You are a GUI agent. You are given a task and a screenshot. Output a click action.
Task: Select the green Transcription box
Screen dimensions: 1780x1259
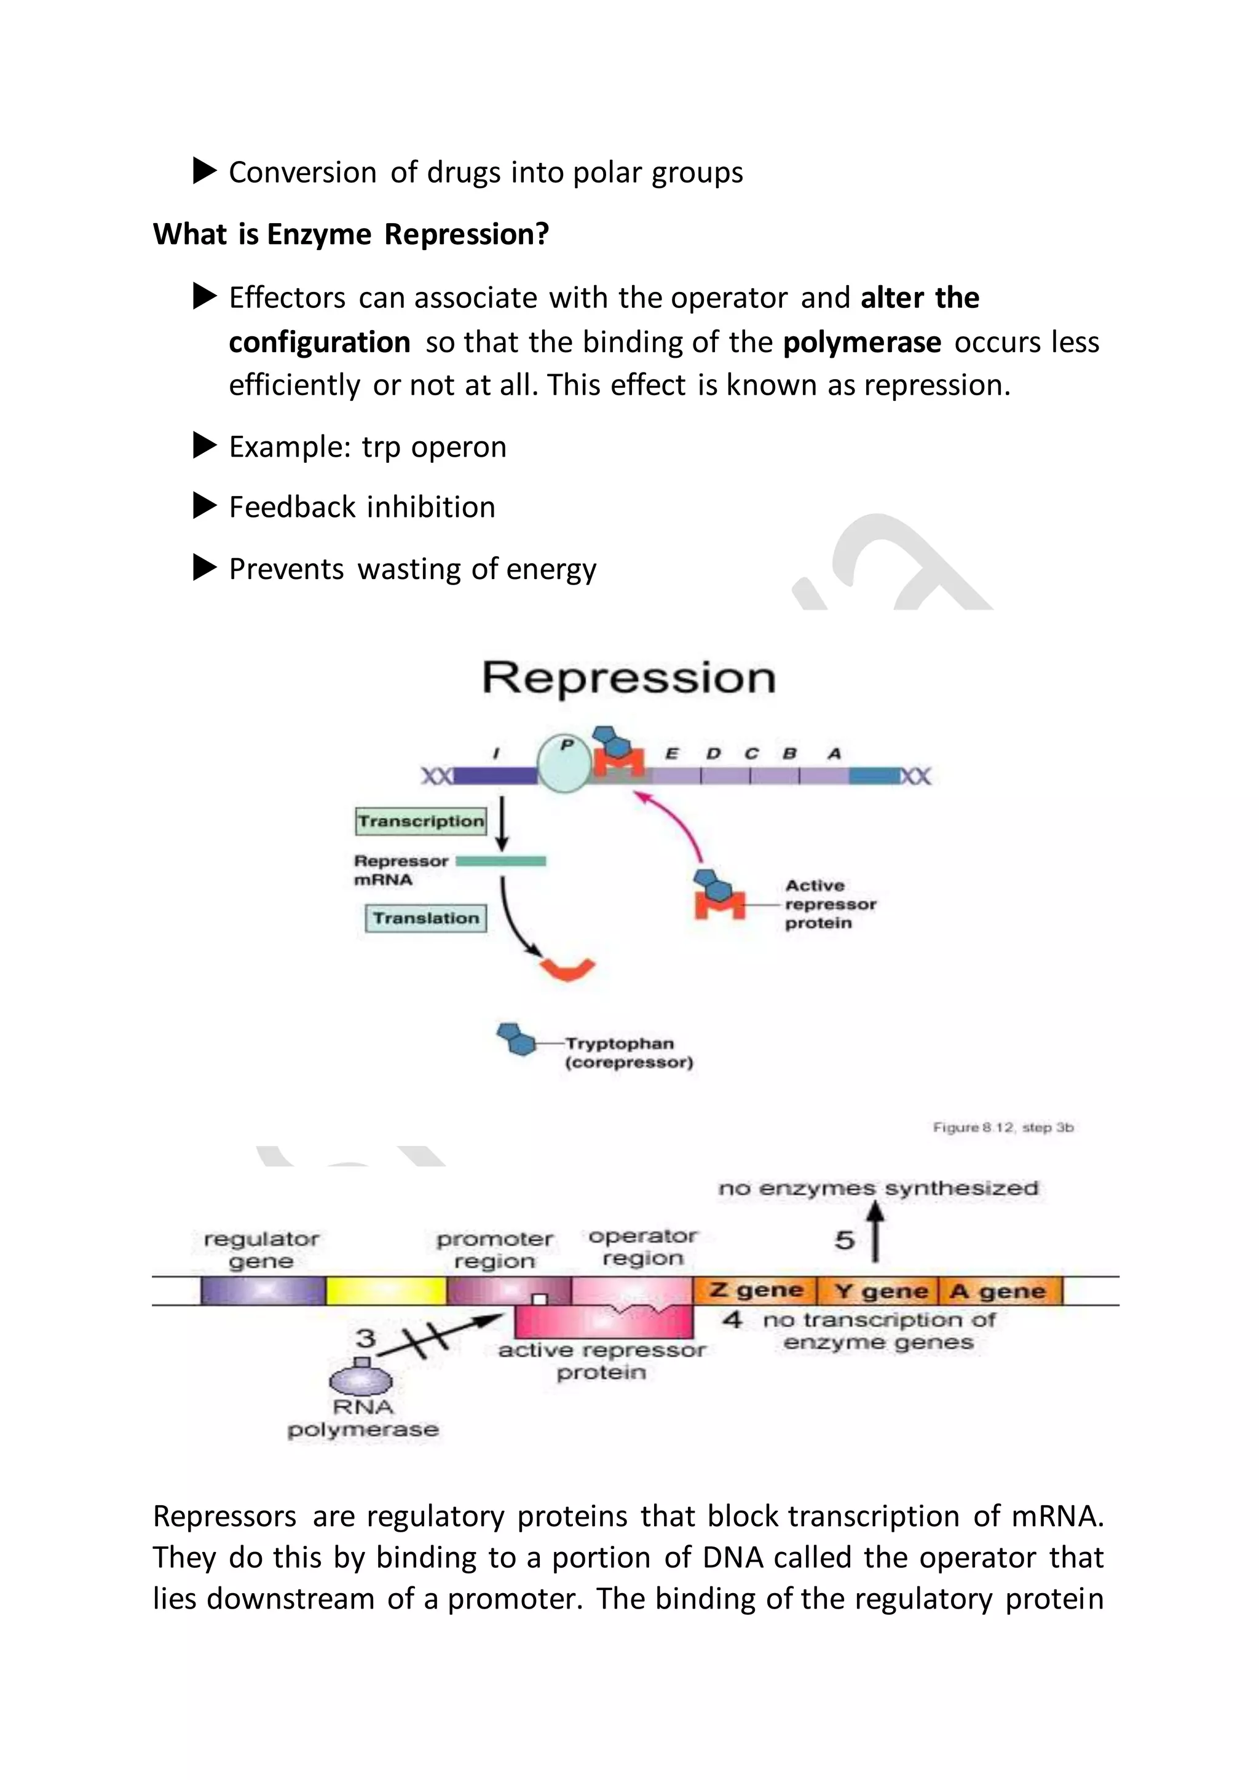[421, 821]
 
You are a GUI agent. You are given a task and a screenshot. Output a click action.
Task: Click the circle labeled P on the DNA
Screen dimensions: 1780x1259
[564, 763]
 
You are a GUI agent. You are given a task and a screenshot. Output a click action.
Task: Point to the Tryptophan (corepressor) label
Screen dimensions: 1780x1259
[628, 1053]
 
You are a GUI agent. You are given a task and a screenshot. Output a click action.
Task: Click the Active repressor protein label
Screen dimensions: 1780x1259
[829, 904]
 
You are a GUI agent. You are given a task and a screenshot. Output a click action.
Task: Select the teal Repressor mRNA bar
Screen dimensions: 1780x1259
[501, 860]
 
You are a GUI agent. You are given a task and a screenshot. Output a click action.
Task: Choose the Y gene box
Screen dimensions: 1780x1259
[879, 1291]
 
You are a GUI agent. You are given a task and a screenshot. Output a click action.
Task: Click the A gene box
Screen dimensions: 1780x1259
[998, 1291]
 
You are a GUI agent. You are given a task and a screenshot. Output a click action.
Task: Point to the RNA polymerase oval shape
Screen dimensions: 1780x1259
[361, 1380]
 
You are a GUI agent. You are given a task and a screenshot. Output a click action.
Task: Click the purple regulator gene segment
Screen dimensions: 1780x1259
[263, 1291]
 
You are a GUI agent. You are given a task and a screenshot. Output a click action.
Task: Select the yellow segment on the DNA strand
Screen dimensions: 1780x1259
[385, 1291]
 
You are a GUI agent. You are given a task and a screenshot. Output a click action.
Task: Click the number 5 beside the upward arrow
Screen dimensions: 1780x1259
[844, 1240]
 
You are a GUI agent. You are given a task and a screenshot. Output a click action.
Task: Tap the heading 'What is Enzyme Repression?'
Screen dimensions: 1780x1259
[350, 234]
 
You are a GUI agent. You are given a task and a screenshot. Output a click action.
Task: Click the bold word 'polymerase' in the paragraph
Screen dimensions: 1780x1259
[861, 342]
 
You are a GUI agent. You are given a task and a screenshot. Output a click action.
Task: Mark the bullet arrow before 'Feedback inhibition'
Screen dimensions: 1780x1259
[205, 506]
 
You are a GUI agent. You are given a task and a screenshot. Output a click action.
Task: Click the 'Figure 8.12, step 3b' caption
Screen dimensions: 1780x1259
[1003, 1127]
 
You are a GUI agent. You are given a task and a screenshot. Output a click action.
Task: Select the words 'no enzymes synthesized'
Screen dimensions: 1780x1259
[878, 1189]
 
